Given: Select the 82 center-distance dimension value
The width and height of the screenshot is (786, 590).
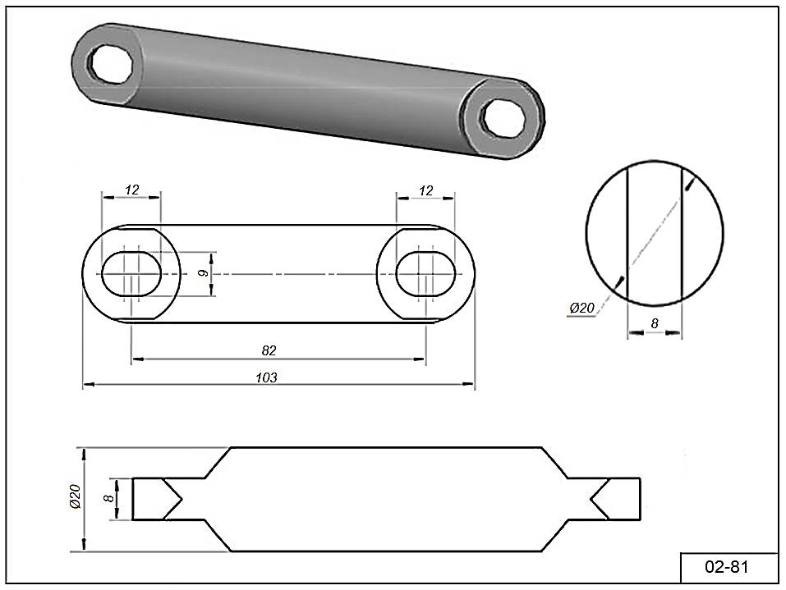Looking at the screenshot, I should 269,350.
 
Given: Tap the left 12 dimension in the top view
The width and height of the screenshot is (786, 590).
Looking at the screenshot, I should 131,190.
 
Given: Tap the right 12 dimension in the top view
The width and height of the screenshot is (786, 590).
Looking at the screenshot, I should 425,190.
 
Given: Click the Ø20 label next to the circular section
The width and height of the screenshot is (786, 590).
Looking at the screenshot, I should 581,308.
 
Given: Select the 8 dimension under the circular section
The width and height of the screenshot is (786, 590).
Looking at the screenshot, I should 655,323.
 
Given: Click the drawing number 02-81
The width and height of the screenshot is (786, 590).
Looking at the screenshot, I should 729,567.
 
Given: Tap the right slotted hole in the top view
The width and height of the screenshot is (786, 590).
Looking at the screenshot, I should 425,273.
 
